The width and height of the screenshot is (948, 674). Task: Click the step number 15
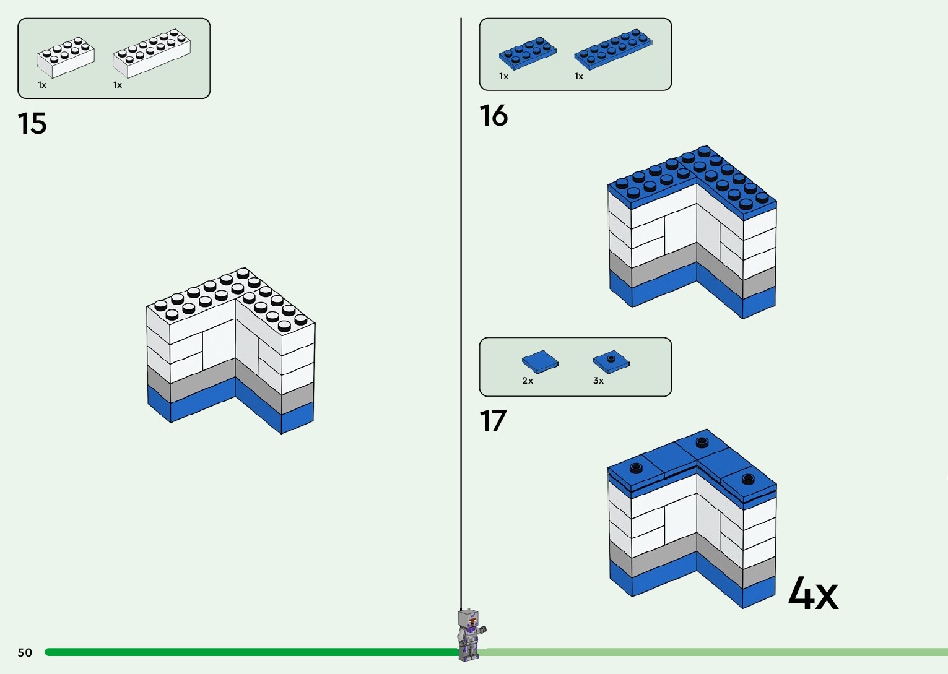[32, 124]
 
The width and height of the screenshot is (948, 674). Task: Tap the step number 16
[494, 116]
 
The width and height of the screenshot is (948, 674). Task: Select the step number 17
[493, 421]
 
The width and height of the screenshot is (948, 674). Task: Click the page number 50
[25, 652]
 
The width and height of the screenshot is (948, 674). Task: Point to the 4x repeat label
[813, 594]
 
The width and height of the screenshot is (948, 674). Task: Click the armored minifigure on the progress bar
[470, 634]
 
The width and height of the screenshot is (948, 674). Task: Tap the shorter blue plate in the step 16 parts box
[528, 53]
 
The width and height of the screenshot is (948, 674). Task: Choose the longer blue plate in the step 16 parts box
[613, 48]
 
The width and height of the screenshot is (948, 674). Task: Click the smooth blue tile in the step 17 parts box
[540, 361]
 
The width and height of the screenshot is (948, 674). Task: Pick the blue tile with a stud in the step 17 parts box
[611, 361]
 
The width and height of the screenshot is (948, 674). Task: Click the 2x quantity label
[528, 381]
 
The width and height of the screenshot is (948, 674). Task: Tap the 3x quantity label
[598, 381]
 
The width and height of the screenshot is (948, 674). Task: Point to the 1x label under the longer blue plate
[579, 76]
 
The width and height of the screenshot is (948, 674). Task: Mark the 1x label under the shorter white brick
[42, 85]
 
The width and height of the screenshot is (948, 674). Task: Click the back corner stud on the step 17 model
[702, 442]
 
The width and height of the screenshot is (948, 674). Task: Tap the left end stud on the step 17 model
[636, 467]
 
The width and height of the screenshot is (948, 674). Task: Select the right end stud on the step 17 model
[748, 478]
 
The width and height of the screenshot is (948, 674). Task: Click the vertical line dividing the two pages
[461, 309]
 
